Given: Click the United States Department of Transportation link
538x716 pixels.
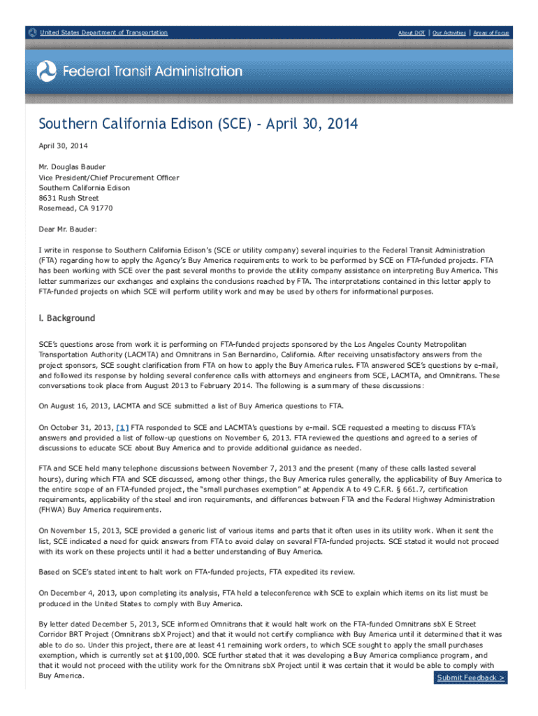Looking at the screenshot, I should pos(103,33).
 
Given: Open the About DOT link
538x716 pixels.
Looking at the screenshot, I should pos(412,33).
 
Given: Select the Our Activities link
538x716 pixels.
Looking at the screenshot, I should pos(449,33).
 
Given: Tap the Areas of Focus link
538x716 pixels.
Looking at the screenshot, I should pos(491,33).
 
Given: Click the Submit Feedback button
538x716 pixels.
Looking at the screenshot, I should pos(471,678).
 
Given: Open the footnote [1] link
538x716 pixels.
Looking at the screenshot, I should pos(122,427).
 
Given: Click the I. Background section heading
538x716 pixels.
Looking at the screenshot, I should pos(66,318).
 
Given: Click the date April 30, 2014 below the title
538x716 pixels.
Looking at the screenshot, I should pos(63,145).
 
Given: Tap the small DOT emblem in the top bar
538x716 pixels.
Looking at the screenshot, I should pos(31,33).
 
